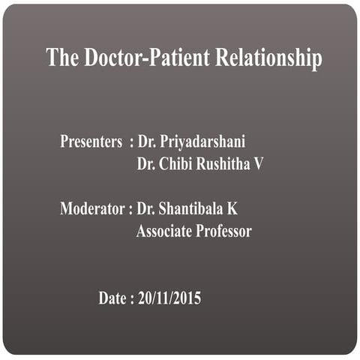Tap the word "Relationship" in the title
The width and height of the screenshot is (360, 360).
click(x=268, y=58)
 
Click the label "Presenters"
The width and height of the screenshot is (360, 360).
click(x=91, y=141)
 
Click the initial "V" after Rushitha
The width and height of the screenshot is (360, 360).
click(x=259, y=163)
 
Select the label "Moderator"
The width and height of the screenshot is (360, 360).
click(x=92, y=209)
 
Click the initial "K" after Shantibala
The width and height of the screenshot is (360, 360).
click(x=232, y=209)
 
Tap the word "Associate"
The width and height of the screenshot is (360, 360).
click(x=164, y=232)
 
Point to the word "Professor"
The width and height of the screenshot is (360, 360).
click(x=223, y=232)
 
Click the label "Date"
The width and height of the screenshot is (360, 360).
click(x=112, y=298)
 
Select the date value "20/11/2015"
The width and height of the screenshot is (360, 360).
click(x=169, y=298)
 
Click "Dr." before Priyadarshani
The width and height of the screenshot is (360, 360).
click(x=147, y=141)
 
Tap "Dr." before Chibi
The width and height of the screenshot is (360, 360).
click(x=145, y=163)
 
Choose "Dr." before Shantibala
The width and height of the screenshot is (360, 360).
click(x=147, y=209)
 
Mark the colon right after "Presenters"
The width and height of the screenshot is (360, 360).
click(x=131, y=142)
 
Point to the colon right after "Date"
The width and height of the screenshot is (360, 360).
click(x=132, y=299)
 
